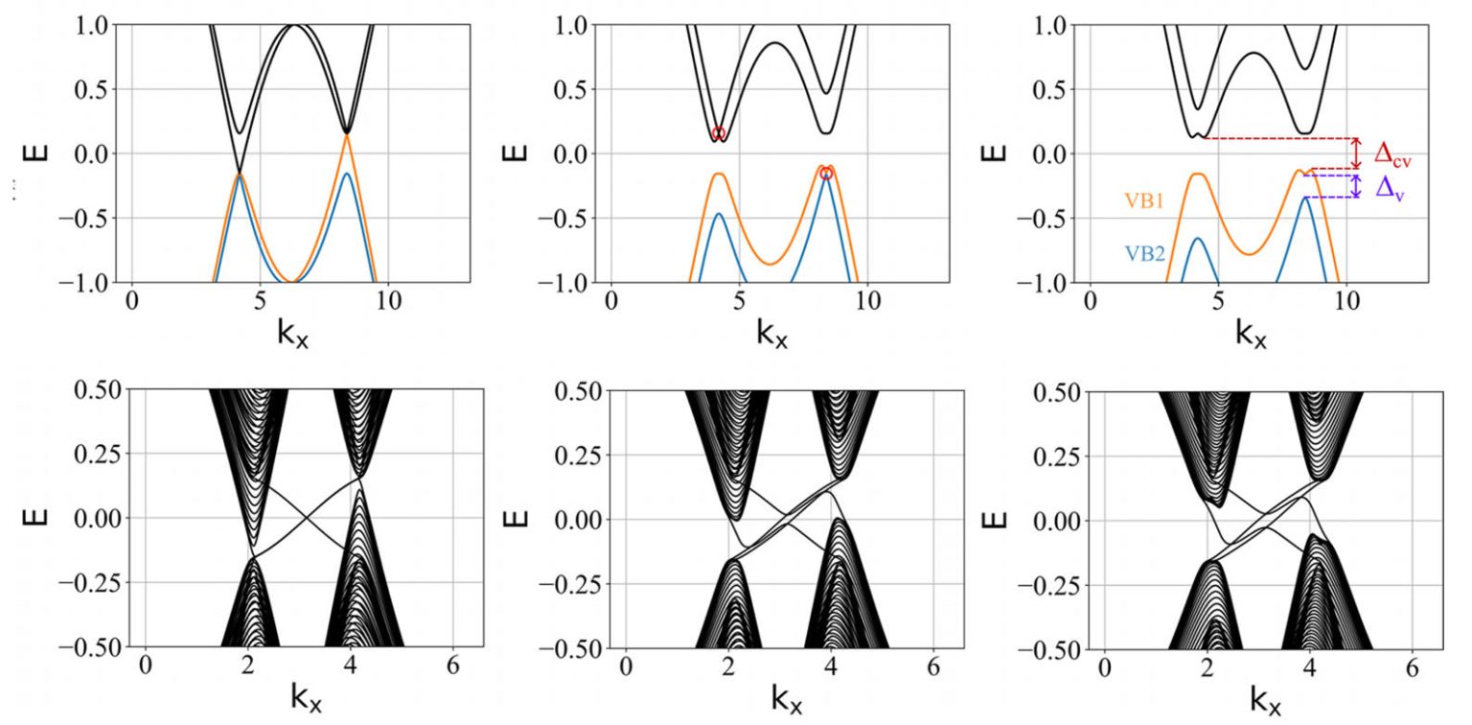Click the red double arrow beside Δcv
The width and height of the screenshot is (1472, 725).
click(x=1356, y=153)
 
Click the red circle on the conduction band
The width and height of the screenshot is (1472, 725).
click(x=719, y=134)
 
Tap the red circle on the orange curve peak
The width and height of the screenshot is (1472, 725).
click(x=826, y=174)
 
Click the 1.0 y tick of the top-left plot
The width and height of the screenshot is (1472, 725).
click(x=95, y=26)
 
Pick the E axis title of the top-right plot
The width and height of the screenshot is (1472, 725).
click(x=998, y=153)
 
